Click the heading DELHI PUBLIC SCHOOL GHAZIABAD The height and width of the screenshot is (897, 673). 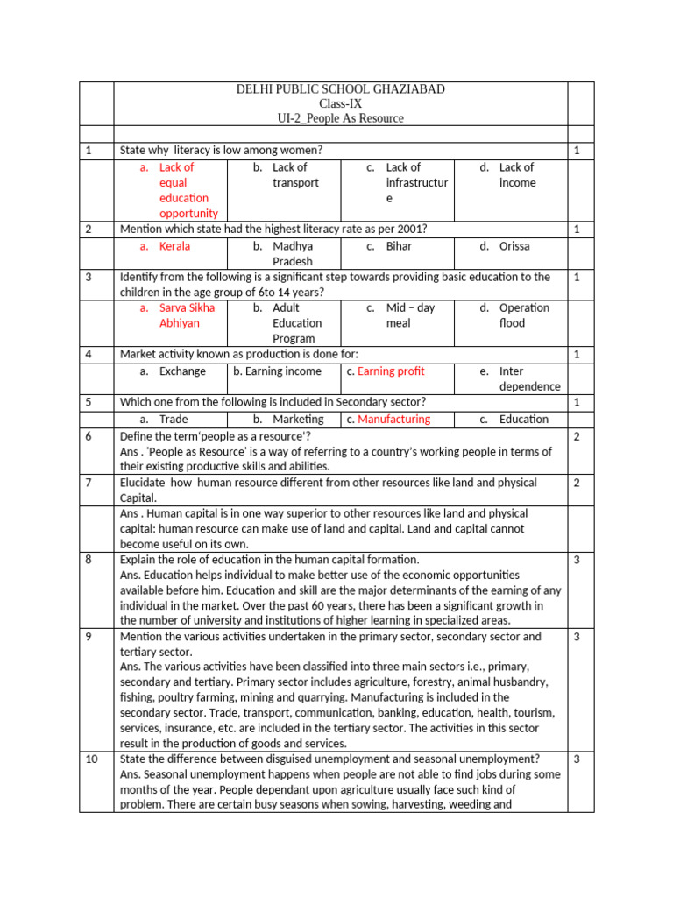coord(340,89)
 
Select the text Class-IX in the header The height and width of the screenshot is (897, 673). coord(340,103)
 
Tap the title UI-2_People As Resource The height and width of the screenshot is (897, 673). coord(340,118)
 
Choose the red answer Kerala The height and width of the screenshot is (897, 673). coord(174,246)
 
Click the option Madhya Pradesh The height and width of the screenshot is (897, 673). coord(292,254)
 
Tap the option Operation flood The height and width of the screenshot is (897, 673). coord(523,315)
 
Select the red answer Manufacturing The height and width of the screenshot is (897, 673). coord(394,419)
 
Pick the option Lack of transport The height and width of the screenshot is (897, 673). coord(294,175)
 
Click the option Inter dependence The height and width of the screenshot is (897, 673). coord(528,378)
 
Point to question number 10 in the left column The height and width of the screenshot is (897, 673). coord(92,759)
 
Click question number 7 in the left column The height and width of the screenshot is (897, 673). coord(89,483)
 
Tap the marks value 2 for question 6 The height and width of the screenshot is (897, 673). coord(577,435)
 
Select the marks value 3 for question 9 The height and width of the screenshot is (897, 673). coord(577,637)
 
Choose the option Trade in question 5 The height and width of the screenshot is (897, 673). coord(174,419)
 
